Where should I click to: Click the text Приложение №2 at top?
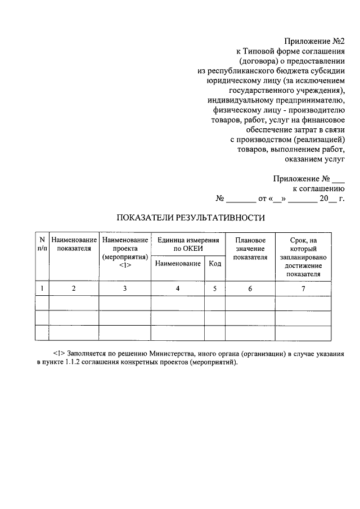pos(314,41)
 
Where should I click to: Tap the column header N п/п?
pos(42,244)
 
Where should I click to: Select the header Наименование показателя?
pos(74,244)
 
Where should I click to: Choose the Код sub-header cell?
pos(214,263)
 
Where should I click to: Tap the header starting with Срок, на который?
pos(303,256)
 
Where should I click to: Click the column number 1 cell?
pos(42,289)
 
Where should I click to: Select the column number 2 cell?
pos(74,289)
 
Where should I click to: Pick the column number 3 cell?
pos(125,289)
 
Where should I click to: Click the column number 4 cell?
pos(178,289)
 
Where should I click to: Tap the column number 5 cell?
pos(214,289)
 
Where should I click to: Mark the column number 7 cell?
pos(303,289)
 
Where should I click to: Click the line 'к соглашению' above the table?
pos(318,188)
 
